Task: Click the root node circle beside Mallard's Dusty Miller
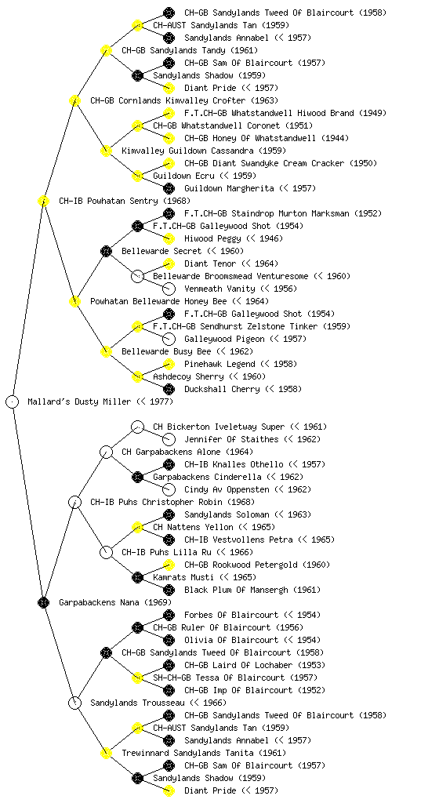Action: click(13, 401)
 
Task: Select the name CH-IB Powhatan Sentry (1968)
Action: click(125, 201)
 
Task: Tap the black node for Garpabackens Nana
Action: click(43, 602)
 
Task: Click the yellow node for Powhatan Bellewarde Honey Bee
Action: click(74, 301)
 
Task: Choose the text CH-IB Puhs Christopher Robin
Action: click(157, 502)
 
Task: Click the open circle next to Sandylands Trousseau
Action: click(74, 703)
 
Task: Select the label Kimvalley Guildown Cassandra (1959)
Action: click(204, 151)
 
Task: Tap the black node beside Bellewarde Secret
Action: click(106, 251)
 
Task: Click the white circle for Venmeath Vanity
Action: click(169, 289)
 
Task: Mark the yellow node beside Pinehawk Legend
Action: click(169, 364)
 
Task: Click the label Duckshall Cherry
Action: click(222, 389)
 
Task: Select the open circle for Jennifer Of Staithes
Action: click(169, 439)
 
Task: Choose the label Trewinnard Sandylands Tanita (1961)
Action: click(204, 753)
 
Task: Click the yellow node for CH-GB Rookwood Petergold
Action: click(169, 565)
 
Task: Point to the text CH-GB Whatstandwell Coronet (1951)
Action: click(233, 125)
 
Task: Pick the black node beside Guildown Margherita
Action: click(169, 188)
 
